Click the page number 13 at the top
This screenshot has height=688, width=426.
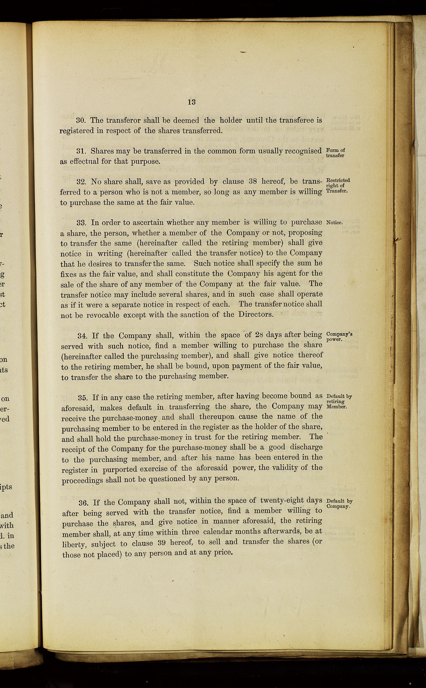tap(191, 102)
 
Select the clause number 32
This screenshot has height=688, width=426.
tap(81, 182)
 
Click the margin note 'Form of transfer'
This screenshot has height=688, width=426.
tap(335, 153)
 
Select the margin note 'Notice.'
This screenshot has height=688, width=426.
tap(334, 222)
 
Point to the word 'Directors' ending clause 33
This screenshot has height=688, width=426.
tap(256, 314)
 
